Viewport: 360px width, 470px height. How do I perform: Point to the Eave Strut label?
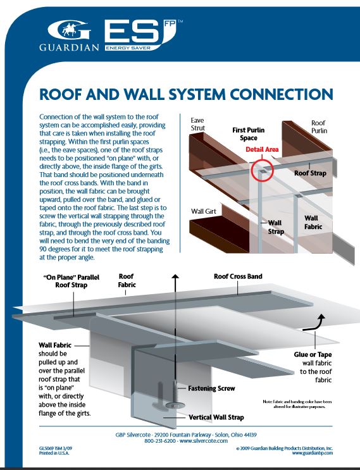198,123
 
